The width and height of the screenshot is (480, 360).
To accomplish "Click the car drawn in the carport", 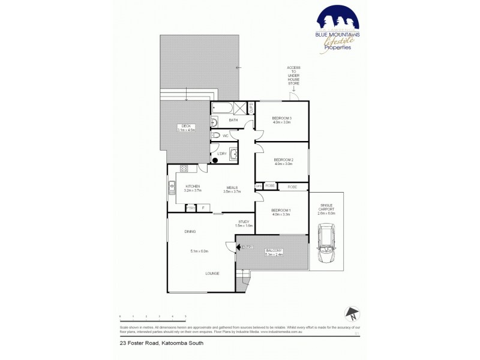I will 328,245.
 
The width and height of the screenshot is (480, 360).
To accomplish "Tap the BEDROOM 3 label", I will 282,118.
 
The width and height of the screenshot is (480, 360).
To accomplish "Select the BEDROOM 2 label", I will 283,159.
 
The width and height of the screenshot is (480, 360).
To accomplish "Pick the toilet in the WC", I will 217,136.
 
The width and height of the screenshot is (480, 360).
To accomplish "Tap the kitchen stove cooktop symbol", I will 184,169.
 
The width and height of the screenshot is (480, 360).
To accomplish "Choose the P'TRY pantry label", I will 190,208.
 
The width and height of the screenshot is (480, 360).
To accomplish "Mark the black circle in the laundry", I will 215,160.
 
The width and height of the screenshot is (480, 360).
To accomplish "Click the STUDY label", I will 244,221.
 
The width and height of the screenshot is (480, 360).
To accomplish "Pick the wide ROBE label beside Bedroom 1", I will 292,187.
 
